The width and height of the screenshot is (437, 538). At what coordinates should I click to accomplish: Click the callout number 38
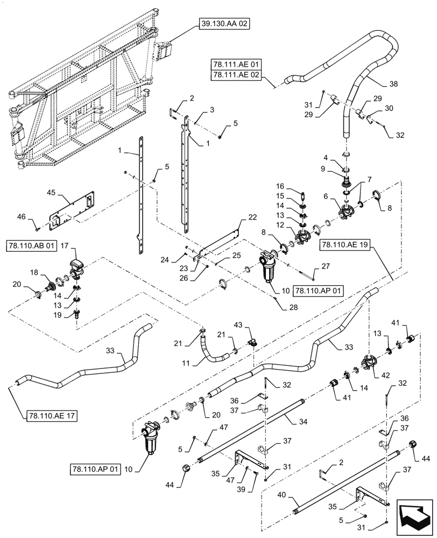(393, 83)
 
